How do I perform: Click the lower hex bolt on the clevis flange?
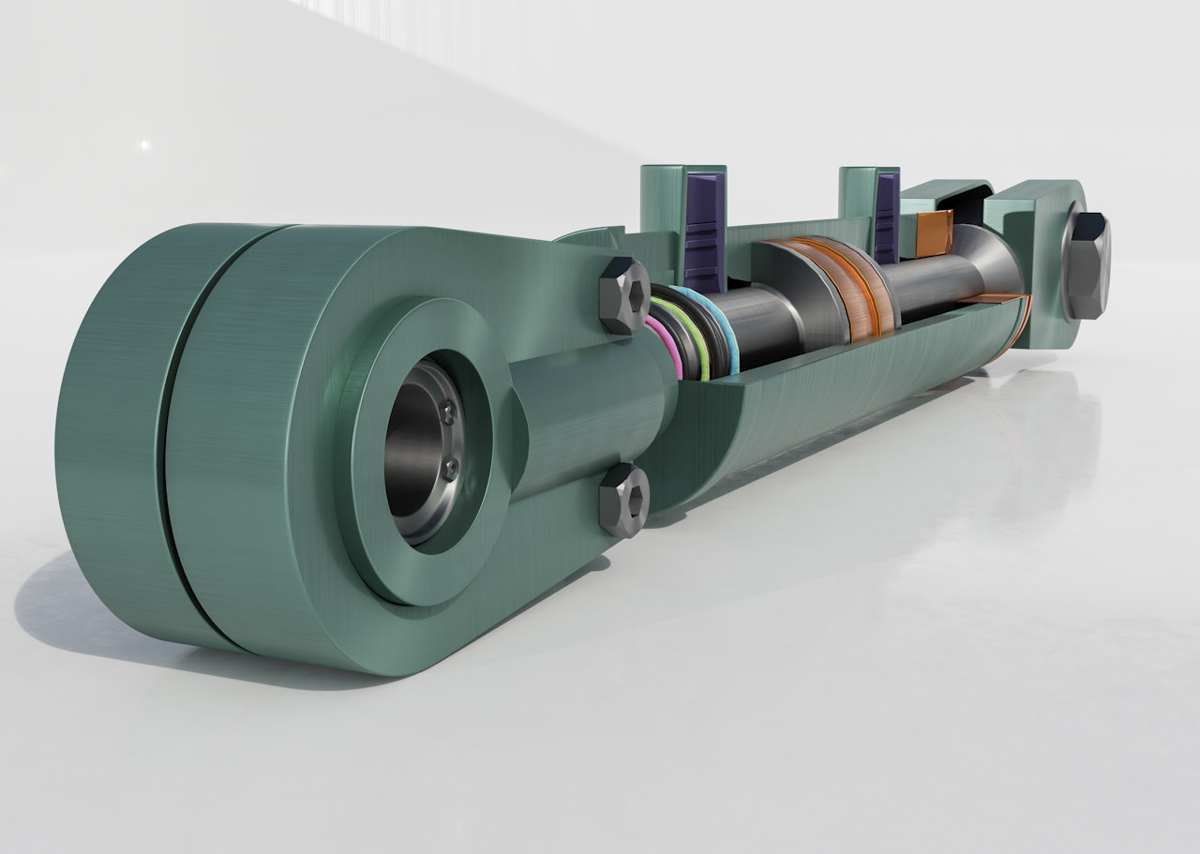click(x=624, y=500)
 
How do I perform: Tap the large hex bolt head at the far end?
click(x=1088, y=265)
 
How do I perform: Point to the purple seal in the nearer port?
click(x=702, y=229)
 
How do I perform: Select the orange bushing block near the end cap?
click(x=934, y=232)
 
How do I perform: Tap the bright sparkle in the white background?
click(x=143, y=145)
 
